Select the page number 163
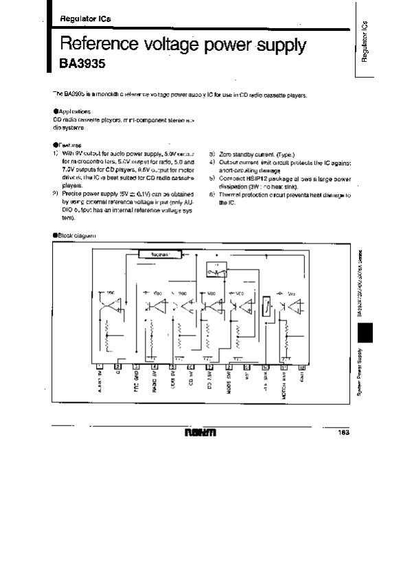(x=343, y=432)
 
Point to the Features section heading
(x=68, y=145)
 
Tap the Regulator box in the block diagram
(x=159, y=254)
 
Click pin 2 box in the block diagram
(x=117, y=367)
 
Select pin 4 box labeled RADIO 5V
(x=154, y=367)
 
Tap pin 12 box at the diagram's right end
(x=303, y=367)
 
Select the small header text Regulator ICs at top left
(x=76, y=19)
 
